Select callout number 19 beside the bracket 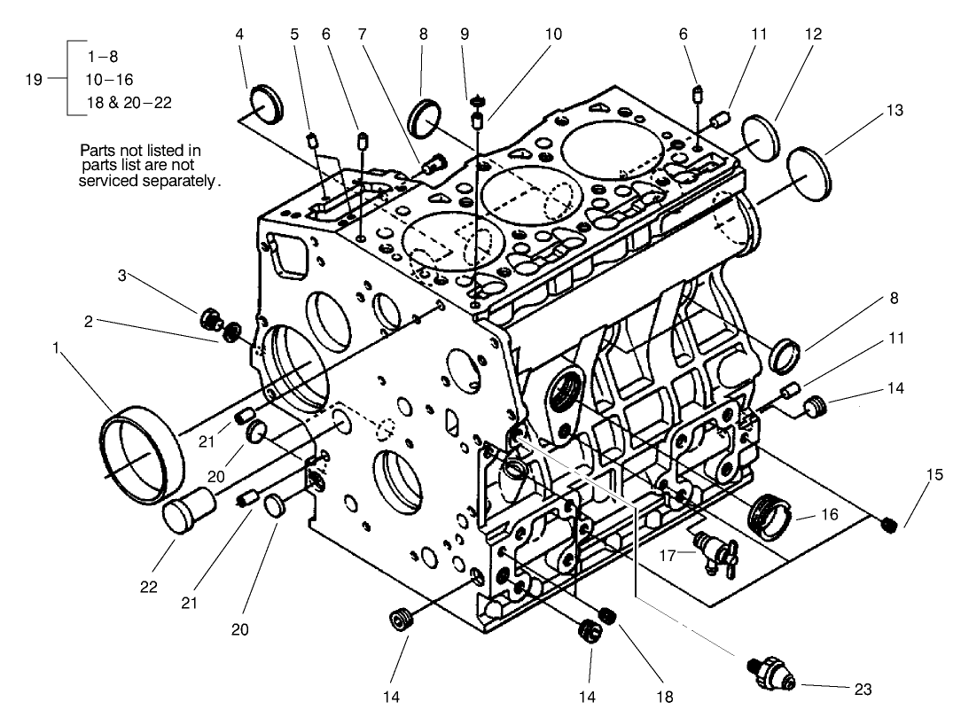tap(34, 79)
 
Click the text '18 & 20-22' tap(129, 103)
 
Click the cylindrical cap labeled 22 tap(191, 512)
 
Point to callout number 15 tap(934, 475)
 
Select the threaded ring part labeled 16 tap(769, 514)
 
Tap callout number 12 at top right tap(813, 35)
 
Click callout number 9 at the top tap(465, 35)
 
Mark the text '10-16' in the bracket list tap(108, 79)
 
